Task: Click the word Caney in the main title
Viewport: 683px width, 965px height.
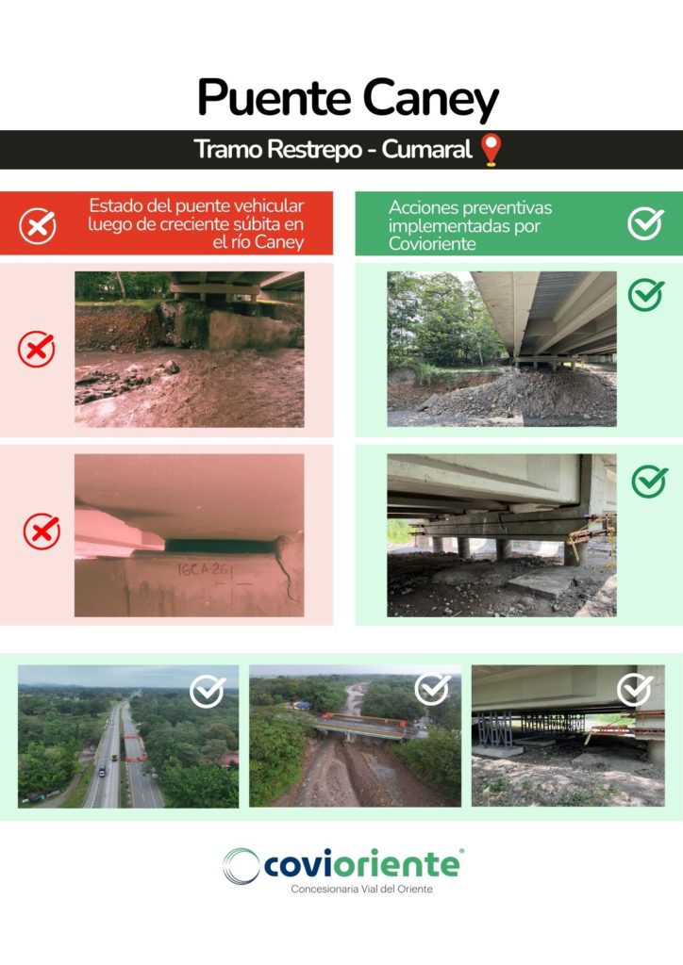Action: click(430, 100)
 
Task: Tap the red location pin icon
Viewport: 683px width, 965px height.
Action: click(491, 150)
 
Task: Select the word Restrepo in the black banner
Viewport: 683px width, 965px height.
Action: click(315, 150)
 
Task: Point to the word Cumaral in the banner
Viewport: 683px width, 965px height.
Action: click(426, 149)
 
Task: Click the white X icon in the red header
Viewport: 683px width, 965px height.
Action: click(38, 226)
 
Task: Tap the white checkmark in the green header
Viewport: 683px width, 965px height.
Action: click(645, 222)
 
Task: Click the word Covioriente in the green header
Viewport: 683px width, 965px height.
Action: click(432, 244)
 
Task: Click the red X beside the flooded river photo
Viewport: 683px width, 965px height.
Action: click(37, 349)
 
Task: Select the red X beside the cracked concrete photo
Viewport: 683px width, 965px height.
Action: click(42, 532)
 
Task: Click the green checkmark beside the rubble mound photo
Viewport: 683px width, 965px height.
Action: click(646, 294)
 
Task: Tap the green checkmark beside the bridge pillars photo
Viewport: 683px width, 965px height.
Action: click(649, 482)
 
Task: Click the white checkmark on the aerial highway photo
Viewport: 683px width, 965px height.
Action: click(208, 691)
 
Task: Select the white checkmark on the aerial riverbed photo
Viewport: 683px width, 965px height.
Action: click(432, 689)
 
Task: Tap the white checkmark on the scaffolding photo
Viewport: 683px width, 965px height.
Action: click(635, 689)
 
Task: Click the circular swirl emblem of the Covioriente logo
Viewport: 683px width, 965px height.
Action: click(241, 866)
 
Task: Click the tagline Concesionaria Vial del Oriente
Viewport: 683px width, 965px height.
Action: click(361, 889)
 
